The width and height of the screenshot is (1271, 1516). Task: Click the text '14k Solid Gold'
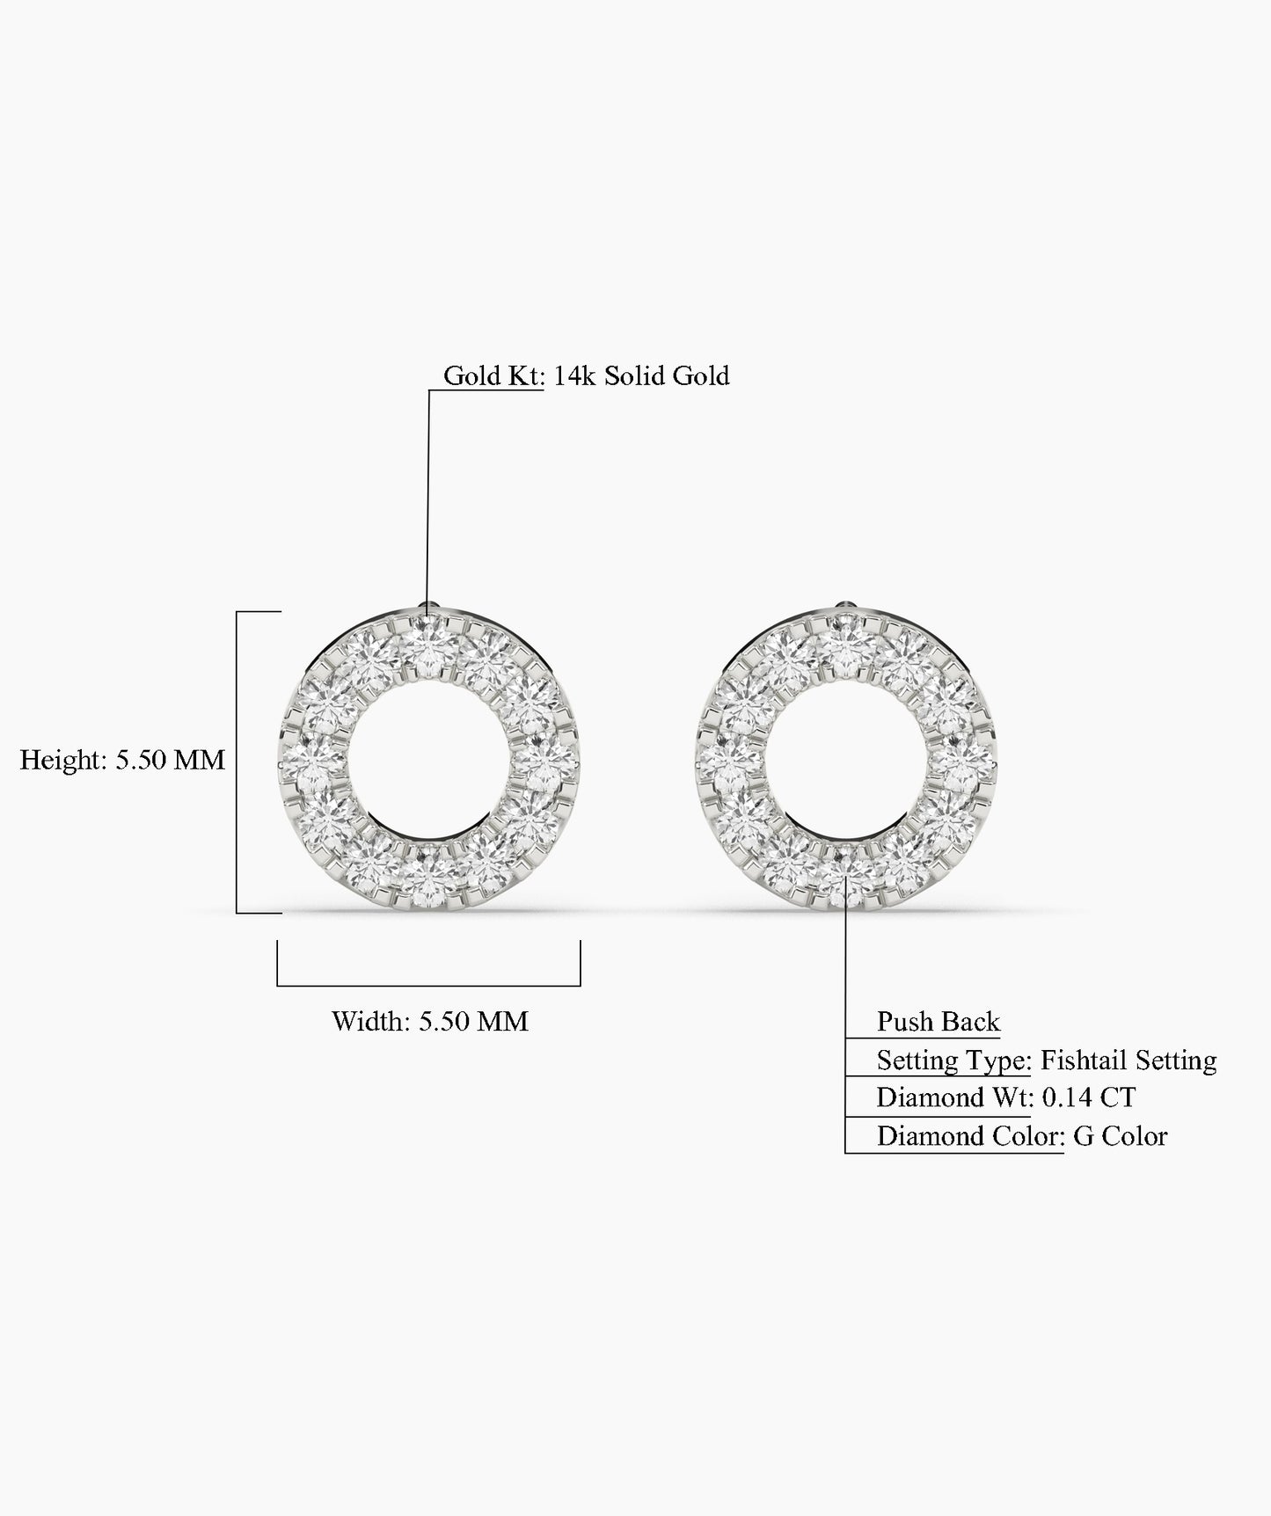click(641, 376)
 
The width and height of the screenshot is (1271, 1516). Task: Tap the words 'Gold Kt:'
click(494, 376)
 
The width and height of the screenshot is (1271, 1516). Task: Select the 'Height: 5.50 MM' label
click(122, 760)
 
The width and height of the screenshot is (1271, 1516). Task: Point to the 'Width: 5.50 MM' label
click(429, 1022)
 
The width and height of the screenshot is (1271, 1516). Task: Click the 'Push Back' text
click(938, 1022)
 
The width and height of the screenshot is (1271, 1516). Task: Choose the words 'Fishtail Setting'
click(1128, 1060)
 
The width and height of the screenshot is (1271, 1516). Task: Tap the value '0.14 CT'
click(1088, 1098)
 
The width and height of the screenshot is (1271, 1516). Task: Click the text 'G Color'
click(1120, 1137)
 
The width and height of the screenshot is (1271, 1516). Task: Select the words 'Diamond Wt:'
click(954, 1098)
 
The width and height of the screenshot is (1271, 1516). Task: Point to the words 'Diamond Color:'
click(970, 1137)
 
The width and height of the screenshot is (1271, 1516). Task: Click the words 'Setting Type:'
click(953, 1060)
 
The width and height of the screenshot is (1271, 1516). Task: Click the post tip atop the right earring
click(844, 606)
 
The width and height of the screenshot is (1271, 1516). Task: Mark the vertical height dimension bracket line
click(237, 762)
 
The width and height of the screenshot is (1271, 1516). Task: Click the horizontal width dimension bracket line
click(428, 985)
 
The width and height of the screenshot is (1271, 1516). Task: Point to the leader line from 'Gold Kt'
click(428, 492)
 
